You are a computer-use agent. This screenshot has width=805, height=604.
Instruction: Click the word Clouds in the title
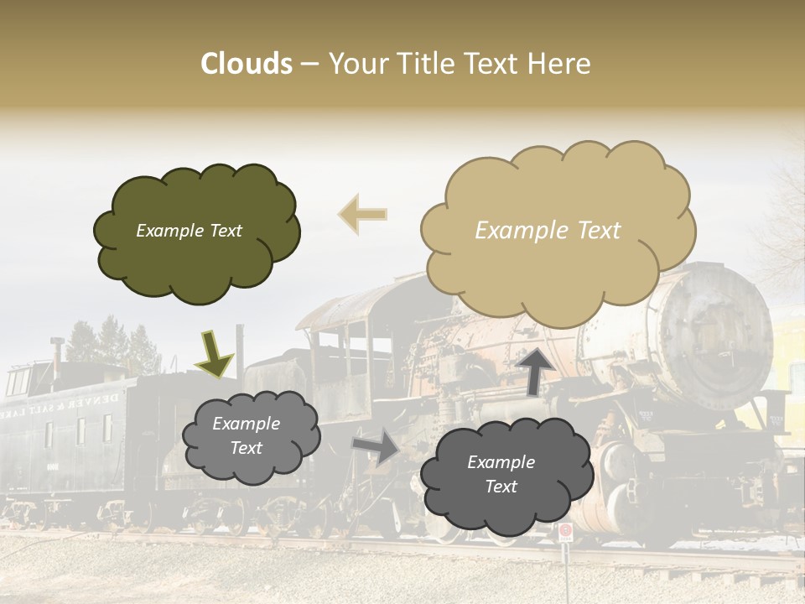click(247, 64)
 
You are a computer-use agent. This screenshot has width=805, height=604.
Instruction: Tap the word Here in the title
click(558, 64)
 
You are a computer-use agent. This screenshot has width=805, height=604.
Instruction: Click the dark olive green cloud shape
click(196, 252)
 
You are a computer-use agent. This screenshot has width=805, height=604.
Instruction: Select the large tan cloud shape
click(558, 268)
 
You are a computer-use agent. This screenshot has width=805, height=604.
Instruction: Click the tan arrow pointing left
click(362, 215)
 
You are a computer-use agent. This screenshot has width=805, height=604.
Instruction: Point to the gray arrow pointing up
click(533, 369)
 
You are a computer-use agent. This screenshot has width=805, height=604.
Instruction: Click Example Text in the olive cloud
click(189, 231)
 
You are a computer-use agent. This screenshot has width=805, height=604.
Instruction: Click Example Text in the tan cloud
click(548, 231)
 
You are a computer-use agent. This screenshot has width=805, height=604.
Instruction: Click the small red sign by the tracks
click(565, 532)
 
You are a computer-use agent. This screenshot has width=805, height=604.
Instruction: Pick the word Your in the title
click(356, 64)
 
